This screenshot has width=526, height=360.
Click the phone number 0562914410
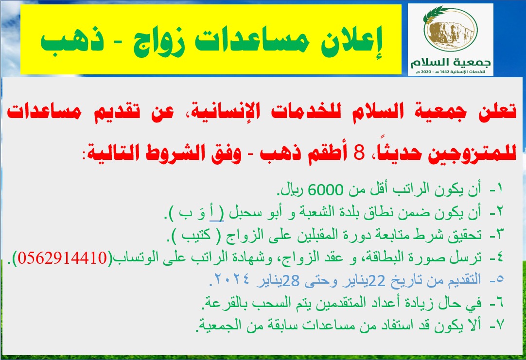62,258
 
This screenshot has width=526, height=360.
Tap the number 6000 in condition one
325,190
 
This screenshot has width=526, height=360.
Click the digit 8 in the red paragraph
359,153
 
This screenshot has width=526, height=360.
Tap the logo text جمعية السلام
451,62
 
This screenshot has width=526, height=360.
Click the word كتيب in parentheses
196,235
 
